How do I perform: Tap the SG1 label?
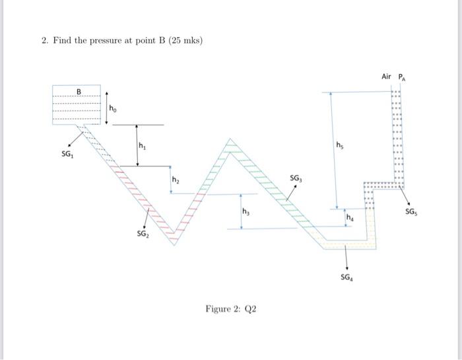coord(66,153)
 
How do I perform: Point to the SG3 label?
coord(296,178)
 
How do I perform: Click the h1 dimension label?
coord(142,145)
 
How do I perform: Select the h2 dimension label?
coord(176,178)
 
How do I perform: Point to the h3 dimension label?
coord(246,211)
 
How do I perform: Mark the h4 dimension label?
coord(350,217)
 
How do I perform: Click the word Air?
coord(387,77)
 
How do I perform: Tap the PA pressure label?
coord(402,77)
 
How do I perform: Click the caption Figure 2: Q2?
coord(230,308)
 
